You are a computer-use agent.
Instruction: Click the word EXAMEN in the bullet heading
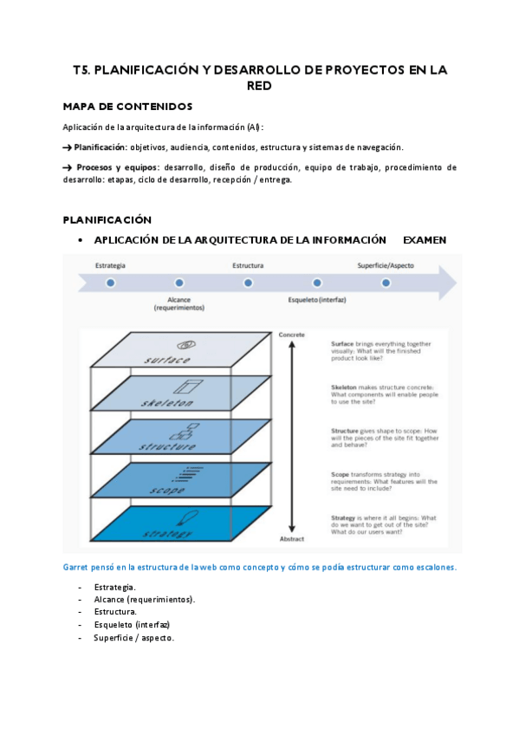click(x=425, y=239)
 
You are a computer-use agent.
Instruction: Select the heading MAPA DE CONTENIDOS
click(x=127, y=106)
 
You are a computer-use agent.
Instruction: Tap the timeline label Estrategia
click(x=110, y=264)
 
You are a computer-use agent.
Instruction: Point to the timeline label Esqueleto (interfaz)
click(x=317, y=300)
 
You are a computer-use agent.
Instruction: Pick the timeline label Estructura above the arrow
click(x=248, y=264)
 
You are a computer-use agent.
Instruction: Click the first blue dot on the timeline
click(x=110, y=283)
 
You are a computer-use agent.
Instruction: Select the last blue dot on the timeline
click(x=386, y=283)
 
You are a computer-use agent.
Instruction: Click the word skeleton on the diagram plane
click(x=168, y=403)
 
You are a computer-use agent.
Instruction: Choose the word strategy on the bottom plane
click(x=167, y=532)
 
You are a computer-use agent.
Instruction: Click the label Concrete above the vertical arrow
click(x=291, y=335)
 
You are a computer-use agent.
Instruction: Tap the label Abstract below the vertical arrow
click(x=291, y=537)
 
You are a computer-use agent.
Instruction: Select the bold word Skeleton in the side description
click(x=346, y=387)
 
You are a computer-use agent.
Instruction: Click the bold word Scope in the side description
click(x=341, y=473)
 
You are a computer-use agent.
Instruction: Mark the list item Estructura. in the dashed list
click(x=115, y=612)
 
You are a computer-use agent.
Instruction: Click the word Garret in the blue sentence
click(x=76, y=568)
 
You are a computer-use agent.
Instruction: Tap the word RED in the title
click(x=259, y=86)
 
